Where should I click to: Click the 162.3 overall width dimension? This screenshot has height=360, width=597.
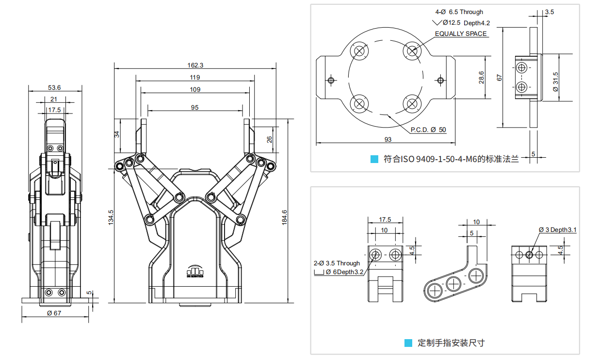(195, 65)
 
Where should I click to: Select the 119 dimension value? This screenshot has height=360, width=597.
(195, 77)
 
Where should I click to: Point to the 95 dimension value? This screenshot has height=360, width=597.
(195, 108)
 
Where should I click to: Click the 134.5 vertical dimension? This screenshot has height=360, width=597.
(111, 217)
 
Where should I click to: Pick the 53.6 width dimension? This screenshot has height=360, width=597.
(54, 88)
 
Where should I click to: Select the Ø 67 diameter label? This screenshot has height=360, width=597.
(54, 313)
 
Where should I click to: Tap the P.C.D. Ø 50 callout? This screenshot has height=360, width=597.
(428, 130)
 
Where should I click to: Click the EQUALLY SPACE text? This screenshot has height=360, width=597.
(461, 33)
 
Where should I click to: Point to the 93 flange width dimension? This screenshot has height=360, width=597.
(388, 139)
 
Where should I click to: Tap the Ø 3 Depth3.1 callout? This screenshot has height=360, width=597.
(557, 229)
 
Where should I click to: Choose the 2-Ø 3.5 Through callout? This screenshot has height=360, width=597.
(337, 263)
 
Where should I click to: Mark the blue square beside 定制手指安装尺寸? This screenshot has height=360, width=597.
(408, 343)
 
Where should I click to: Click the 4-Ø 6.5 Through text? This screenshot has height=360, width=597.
(459, 12)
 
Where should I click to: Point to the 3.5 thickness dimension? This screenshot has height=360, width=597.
(549, 12)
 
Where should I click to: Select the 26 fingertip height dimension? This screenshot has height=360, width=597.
(270, 139)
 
